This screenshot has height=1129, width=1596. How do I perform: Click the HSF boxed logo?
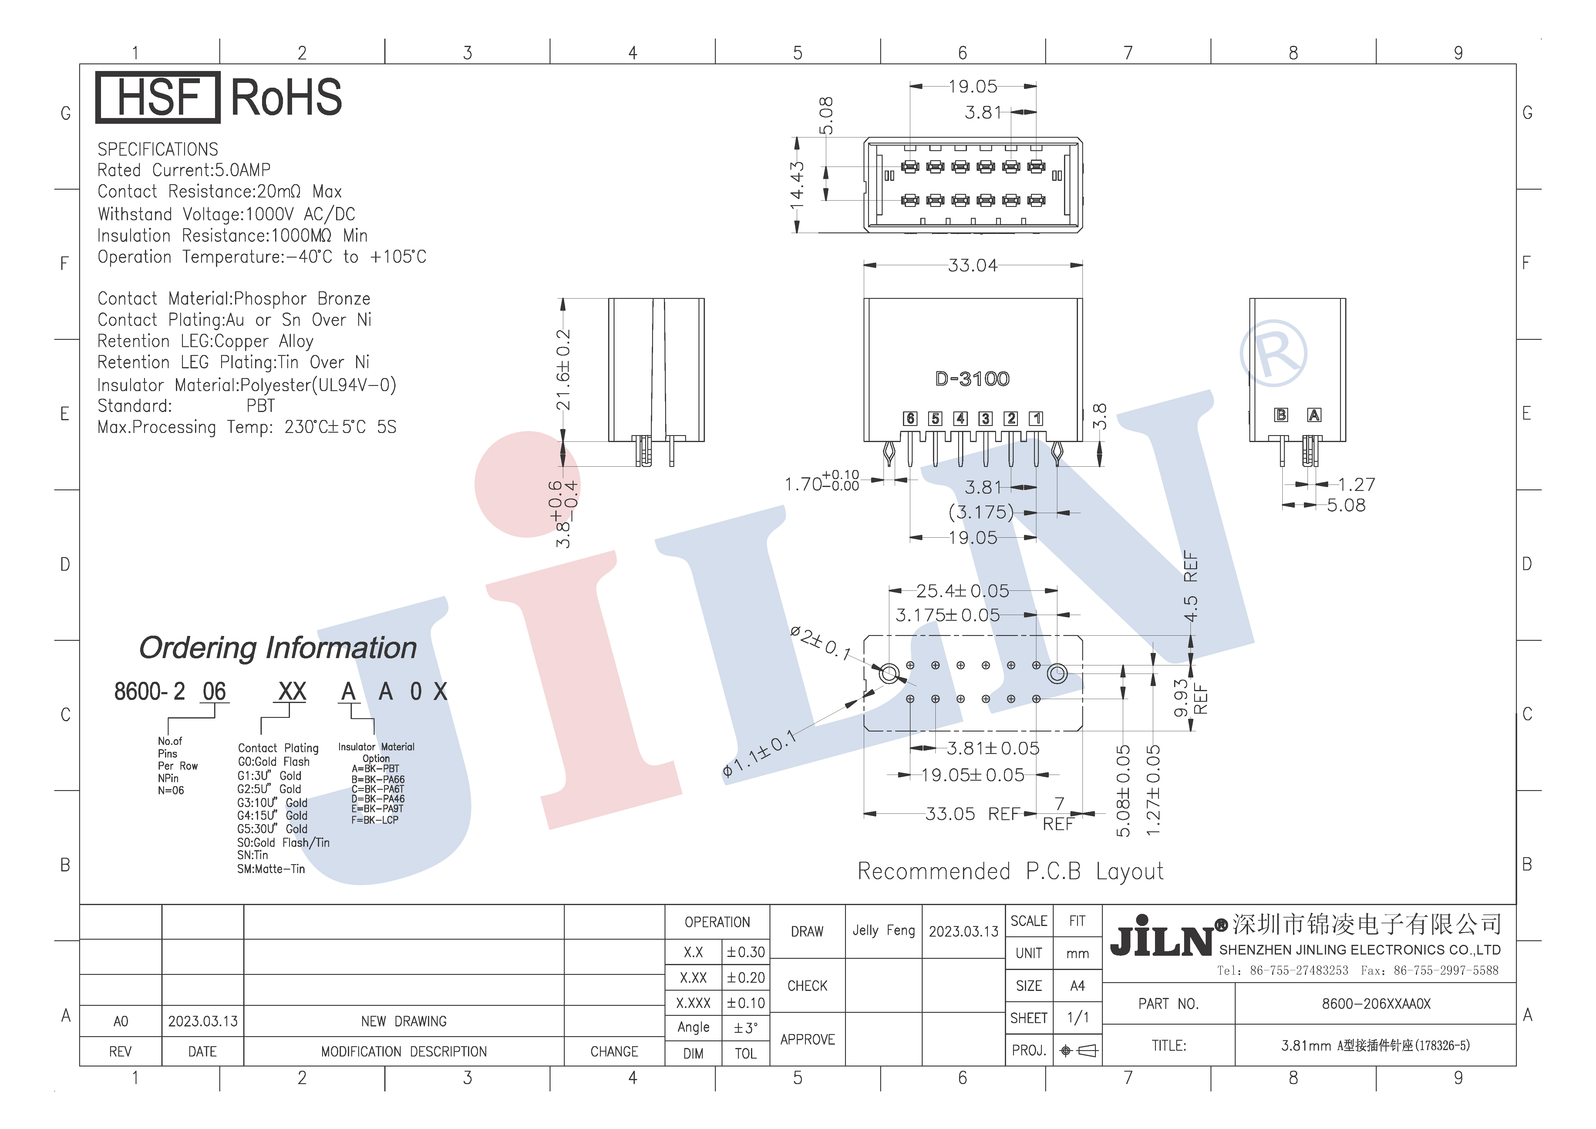click(158, 97)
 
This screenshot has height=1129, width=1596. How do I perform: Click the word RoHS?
click(286, 97)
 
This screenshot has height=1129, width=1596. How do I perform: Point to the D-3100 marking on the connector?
click(972, 379)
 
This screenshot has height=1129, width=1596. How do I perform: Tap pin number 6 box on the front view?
click(910, 418)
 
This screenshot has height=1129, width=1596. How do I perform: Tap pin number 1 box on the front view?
click(1036, 418)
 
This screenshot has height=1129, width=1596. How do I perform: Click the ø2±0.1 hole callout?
click(820, 643)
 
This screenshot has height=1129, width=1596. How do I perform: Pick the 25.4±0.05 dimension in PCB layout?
click(962, 591)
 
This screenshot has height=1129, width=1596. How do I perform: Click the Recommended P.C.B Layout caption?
click(1010, 871)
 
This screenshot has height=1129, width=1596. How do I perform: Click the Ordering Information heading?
click(278, 648)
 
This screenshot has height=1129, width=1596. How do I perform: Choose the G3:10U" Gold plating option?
click(272, 802)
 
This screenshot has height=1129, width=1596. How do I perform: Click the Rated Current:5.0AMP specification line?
click(184, 170)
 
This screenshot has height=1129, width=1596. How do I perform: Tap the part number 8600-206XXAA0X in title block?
click(1376, 1004)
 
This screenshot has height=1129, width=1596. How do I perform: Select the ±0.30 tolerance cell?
click(746, 952)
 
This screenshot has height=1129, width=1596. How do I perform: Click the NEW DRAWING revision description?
click(404, 1021)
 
